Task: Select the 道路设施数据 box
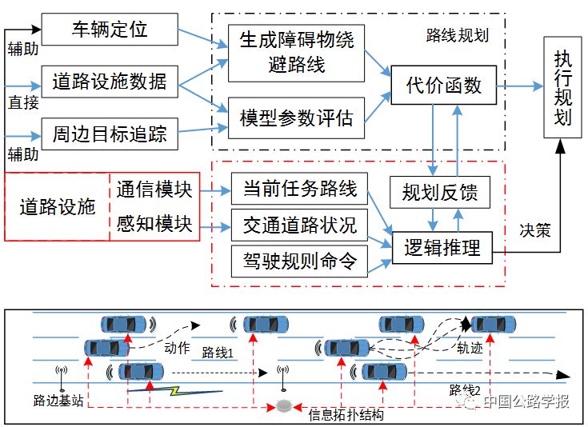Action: click(110, 82)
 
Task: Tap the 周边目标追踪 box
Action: click(110, 134)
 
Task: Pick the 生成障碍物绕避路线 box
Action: click(296, 52)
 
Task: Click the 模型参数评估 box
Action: click(296, 117)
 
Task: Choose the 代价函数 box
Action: click(444, 84)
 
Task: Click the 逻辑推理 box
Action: click(442, 247)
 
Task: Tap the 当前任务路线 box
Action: click(299, 190)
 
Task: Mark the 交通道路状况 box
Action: click(299, 225)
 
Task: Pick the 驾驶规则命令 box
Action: click(299, 261)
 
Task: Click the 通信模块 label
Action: click(154, 190)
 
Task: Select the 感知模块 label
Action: click(154, 225)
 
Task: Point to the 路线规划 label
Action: click(457, 35)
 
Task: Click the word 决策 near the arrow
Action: click(534, 230)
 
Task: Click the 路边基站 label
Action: click(58, 401)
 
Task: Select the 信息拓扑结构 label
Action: click(346, 415)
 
